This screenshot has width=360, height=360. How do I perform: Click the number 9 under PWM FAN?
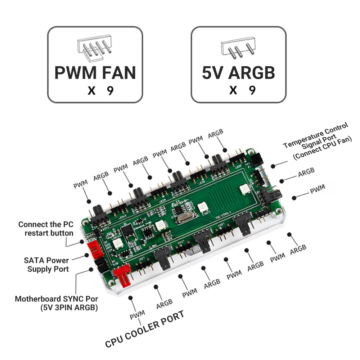tap(110, 90)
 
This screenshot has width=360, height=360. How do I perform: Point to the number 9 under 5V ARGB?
tap(252, 90)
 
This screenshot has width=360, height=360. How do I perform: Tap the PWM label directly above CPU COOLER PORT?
tap(137, 314)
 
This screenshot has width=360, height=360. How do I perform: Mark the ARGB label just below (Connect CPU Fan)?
tap(306, 172)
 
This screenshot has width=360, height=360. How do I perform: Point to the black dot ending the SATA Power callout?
tap(86, 255)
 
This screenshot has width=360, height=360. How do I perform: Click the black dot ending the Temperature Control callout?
tap(273, 166)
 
